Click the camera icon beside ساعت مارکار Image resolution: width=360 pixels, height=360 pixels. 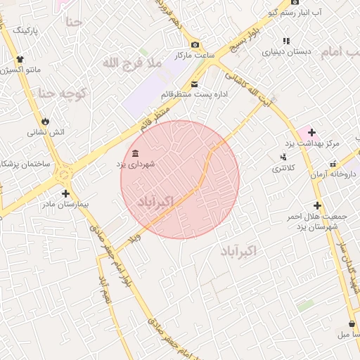[195, 45]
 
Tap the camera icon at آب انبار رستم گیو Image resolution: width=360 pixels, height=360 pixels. [271, 13]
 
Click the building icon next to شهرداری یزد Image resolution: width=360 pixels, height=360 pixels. [135, 154]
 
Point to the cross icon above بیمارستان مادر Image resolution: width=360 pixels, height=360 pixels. [65, 193]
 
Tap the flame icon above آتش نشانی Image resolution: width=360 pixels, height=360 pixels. [46, 121]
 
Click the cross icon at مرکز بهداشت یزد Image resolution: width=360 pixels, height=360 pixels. [311, 132]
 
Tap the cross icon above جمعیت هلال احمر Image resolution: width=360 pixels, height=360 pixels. [318, 205]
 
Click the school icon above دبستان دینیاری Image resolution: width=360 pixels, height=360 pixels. [286, 41]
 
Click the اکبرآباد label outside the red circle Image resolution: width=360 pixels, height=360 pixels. [238, 251]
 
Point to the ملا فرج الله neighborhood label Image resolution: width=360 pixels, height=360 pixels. [131, 63]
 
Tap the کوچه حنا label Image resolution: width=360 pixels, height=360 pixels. [62, 93]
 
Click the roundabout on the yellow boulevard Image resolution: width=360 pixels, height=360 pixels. [65, 172]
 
